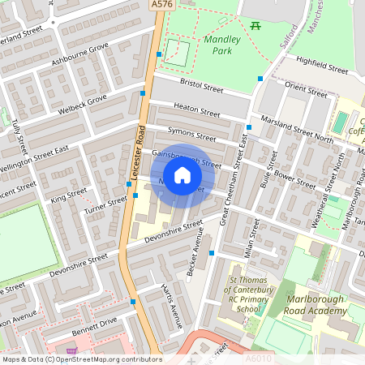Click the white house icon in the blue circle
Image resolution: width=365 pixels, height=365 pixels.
pos(182,174)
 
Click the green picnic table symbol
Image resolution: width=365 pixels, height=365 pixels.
pos(257,26)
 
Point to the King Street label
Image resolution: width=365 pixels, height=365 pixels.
pos(68,195)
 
